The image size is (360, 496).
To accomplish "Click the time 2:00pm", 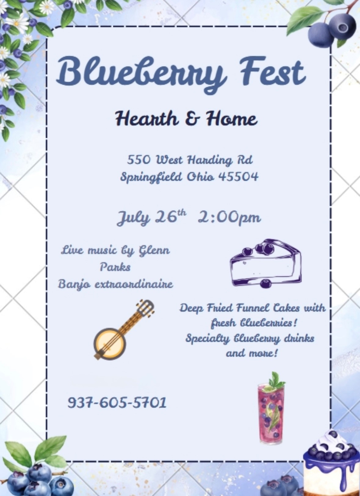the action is click(x=229, y=218).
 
